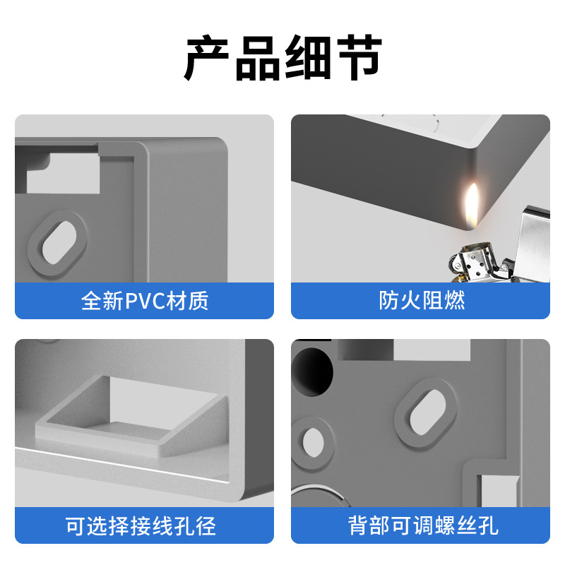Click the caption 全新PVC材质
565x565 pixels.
click(145, 301)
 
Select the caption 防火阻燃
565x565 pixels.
click(421, 301)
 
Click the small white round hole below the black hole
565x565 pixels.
click(311, 442)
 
